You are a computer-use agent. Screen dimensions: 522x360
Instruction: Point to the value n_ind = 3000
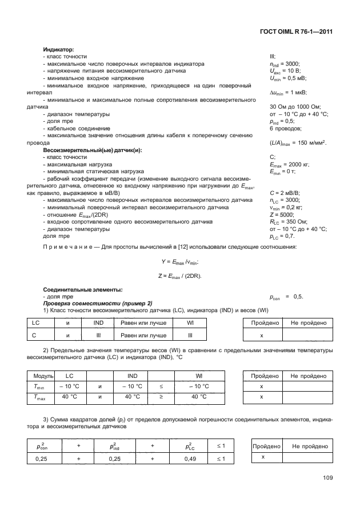click(x=285, y=64)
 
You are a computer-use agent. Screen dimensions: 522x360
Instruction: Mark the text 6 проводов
click(x=284, y=129)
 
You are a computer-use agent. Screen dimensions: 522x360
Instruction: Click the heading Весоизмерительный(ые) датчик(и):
click(x=92, y=150)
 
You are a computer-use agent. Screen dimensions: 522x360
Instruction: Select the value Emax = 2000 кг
click(x=289, y=165)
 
